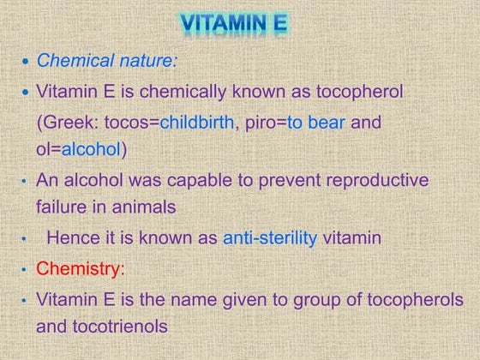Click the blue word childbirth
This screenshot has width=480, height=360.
[196, 122]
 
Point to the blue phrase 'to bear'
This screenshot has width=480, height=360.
[316, 122]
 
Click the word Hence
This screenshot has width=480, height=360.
[71, 238]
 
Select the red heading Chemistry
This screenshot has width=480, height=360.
[78, 269]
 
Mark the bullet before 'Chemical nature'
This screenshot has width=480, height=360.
[25, 63]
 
